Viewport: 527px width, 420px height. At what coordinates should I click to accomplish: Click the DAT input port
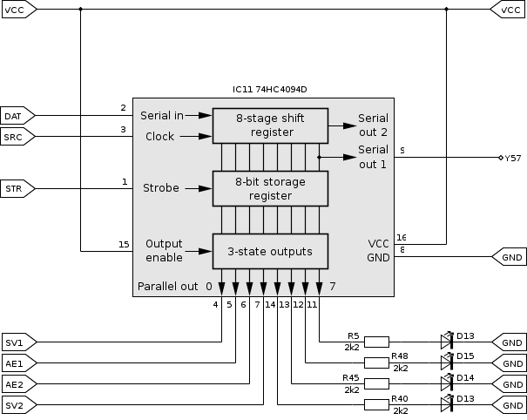pyautogui.click(x=17, y=115)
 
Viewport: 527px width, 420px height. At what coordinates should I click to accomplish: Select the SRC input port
pyautogui.click(x=17, y=137)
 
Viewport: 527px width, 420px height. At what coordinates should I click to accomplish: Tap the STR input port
pyautogui.click(x=17, y=187)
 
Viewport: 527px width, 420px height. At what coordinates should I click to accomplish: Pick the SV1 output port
pyautogui.click(x=17, y=342)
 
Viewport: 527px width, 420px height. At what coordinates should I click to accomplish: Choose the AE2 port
pyautogui.click(x=17, y=384)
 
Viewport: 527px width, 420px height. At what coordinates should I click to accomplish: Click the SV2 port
pyautogui.click(x=17, y=405)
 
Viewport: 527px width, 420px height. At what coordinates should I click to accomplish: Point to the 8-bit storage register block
pyautogui.click(x=270, y=187)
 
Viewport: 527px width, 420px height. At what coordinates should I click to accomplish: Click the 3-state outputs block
pyautogui.click(x=270, y=252)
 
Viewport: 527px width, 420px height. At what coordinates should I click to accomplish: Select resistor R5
pyautogui.click(x=376, y=342)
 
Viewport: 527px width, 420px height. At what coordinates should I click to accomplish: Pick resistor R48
pyautogui.click(x=376, y=363)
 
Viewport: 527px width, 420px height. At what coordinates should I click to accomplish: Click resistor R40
pyautogui.click(x=376, y=405)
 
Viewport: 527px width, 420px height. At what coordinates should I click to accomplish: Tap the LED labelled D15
pyautogui.click(x=447, y=363)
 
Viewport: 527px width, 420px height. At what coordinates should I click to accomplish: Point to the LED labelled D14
pyautogui.click(x=447, y=384)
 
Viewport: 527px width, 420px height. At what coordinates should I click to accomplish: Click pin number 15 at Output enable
pyautogui.click(x=123, y=244)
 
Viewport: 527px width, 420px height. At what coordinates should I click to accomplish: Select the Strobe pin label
pyautogui.click(x=160, y=187)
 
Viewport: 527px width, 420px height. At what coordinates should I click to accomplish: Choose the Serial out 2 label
pyautogui.click(x=374, y=125)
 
